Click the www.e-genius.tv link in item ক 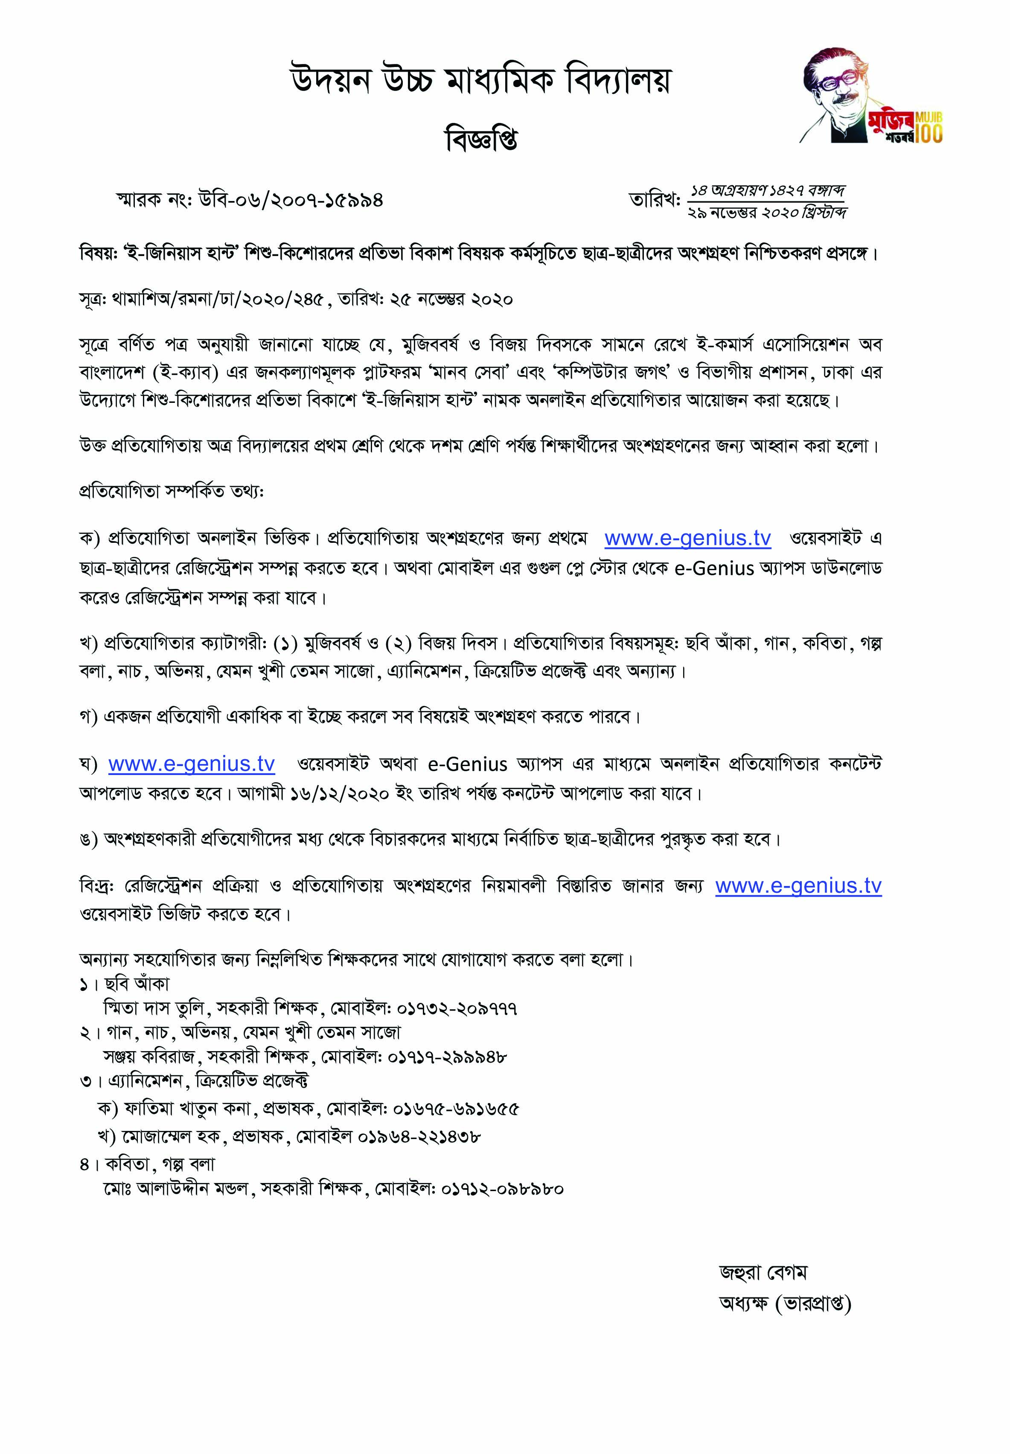687,538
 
